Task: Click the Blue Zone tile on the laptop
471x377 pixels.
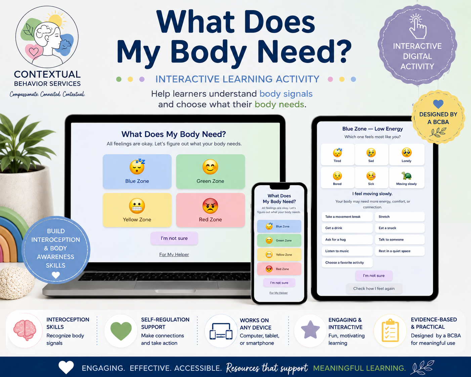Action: tap(137, 171)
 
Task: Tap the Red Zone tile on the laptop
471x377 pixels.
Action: tap(211, 210)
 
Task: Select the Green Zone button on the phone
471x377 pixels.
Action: tap(279, 240)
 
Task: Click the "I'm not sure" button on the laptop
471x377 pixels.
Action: tap(174, 238)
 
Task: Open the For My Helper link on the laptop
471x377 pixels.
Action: tap(174, 254)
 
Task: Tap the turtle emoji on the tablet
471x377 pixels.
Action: tap(406, 176)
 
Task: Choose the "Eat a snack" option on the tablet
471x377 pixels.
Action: tap(400, 228)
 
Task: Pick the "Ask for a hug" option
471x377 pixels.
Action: tap(347, 240)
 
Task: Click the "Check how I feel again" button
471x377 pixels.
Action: tap(374, 289)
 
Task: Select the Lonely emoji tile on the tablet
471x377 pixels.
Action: tap(406, 155)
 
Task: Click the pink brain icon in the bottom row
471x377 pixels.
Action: tap(25, 330)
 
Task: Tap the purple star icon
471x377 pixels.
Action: tap(310, 330)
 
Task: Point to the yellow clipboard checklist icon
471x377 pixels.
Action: tap(390, 331)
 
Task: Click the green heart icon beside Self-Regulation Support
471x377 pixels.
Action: tap(121, 331)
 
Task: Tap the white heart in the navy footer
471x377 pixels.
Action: tap(66, 367)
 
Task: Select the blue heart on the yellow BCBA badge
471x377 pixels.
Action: tap(438, 104)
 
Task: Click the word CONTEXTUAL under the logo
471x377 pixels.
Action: tap(47, 75)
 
